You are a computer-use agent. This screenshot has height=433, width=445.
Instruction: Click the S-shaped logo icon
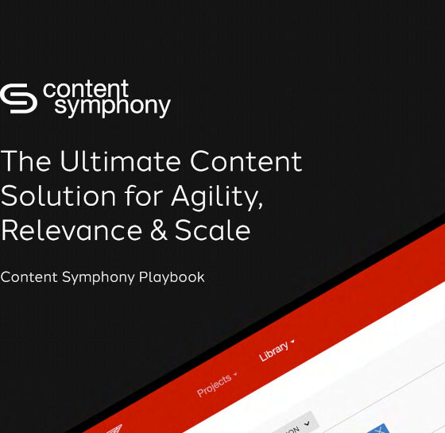[18, 99]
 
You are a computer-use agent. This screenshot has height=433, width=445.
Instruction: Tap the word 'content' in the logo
[86, 89]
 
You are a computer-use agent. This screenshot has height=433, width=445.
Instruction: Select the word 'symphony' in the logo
[111, 107]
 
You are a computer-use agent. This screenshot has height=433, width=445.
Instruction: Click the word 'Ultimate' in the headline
[110, 161]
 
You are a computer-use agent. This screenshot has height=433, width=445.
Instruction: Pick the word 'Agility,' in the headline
[216, 197]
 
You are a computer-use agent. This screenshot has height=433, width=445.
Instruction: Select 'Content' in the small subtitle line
[29, 277]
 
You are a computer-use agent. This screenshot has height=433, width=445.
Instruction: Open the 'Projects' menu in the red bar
[215, 385]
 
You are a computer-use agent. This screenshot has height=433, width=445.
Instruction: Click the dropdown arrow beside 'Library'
[293, 342]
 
